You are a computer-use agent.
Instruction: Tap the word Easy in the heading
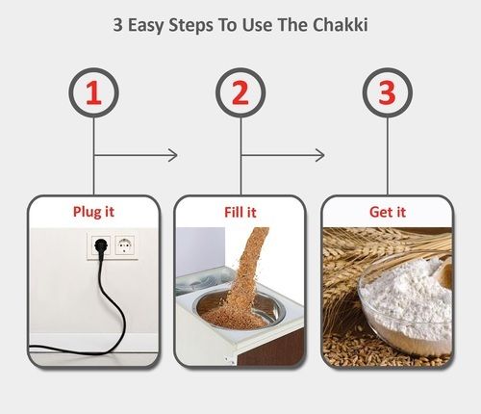pyautogui.click(x=146, y=25)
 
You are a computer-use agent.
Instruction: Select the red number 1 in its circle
pyautogui.click(x=93, y=92)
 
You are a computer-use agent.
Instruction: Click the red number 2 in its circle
pyautogui.click(x=240, y=92)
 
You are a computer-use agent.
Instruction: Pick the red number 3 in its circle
pyautogui.click(x=387, y=92)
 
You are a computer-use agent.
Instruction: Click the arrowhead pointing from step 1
pyautogui.click(x=173, y=155)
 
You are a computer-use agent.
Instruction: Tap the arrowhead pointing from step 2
pyautogui.click(x=320, y=155)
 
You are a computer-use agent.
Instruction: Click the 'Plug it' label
pyautogui.click(x=93, y=212)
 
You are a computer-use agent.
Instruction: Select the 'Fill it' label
pyautogui.click(x=240, y=213)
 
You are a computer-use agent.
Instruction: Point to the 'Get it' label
pyautogui.click(x=388, y=212)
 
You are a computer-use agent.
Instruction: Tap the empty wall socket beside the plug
pyautogui.click(x=124, y=246)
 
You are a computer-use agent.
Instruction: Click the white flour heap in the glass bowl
pyautogui.click(x=407, y=298)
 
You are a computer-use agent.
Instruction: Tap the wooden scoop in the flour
pyautogui.click(x=443, y=272)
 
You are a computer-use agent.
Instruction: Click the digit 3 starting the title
pyautogui.click(x=117, y=25)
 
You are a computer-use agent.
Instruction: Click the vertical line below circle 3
pyautogui.click(x=388, y=156)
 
